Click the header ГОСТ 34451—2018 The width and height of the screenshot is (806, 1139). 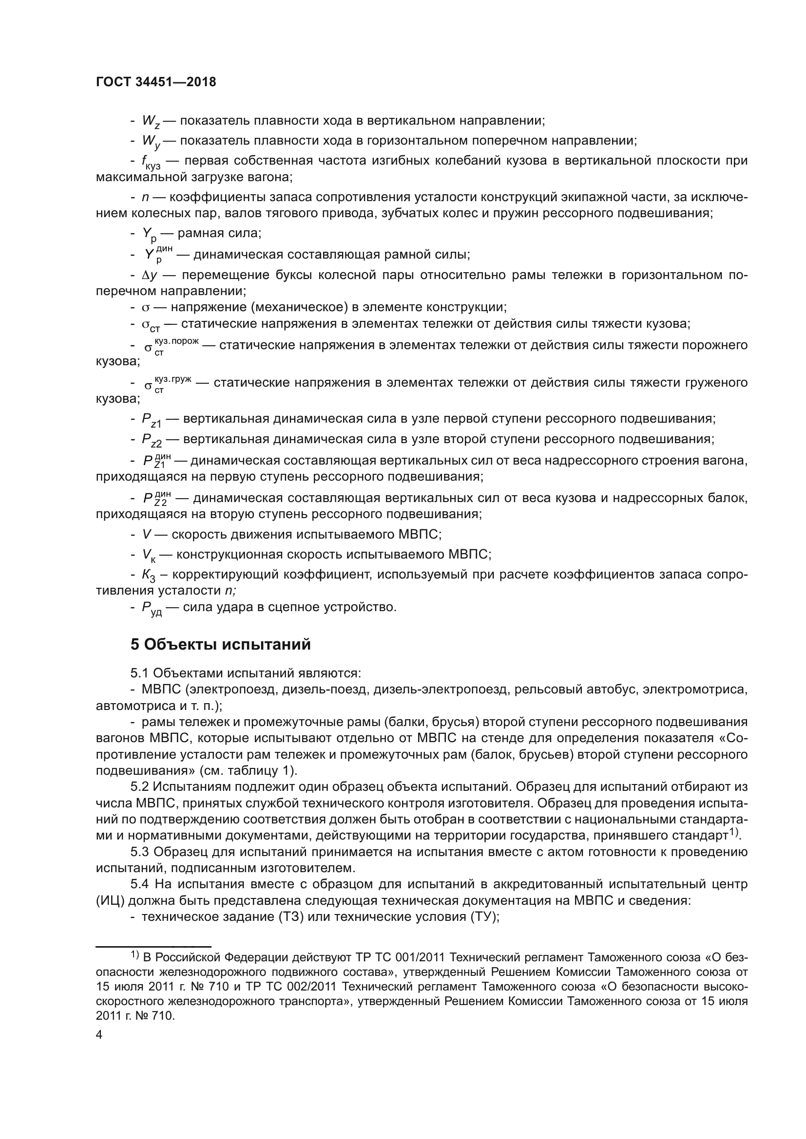point(156,82)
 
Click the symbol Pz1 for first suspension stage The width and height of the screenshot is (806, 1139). point(152,420)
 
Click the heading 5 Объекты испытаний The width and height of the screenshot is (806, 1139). point(220,644)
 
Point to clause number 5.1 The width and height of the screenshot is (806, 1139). point(139,673)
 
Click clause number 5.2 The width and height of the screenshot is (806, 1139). point(139,787)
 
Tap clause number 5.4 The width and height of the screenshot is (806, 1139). point(139,884)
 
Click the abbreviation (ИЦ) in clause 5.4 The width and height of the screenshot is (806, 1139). point(110,900)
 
